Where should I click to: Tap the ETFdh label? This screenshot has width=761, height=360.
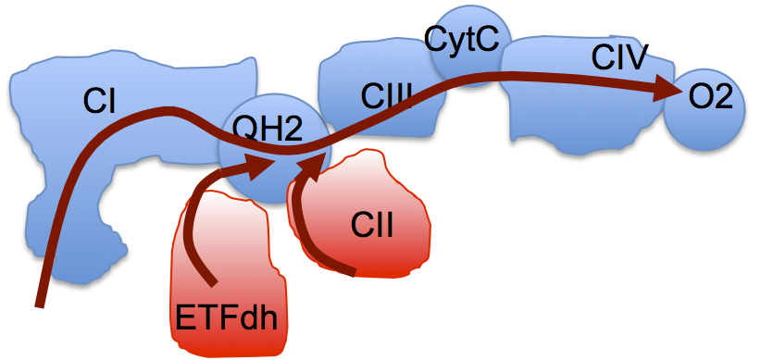point(227,320)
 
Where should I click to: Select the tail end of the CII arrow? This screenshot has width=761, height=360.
point(353,272)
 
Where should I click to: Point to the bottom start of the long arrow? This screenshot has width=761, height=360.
point(40,303)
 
